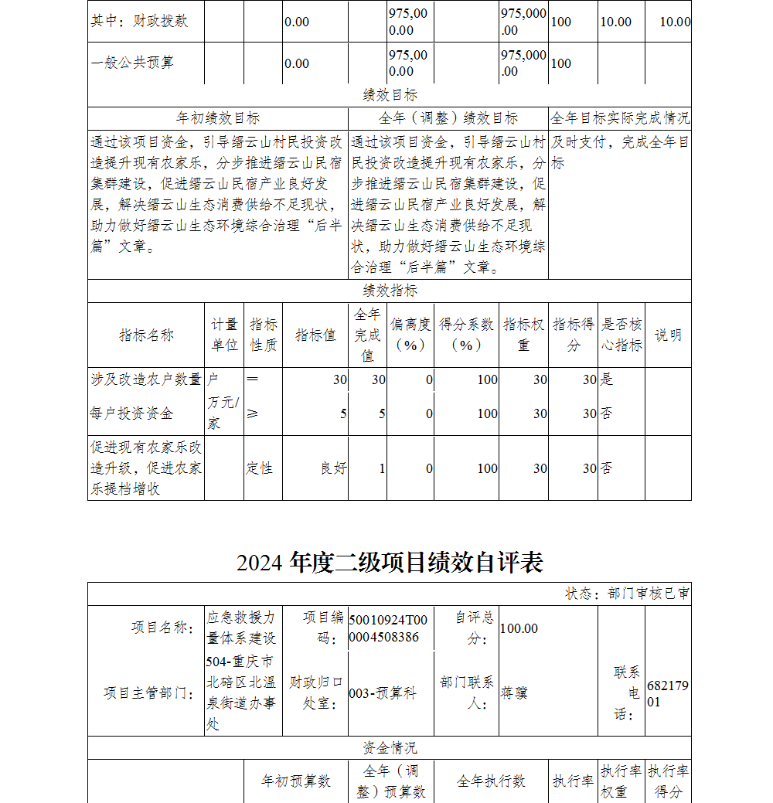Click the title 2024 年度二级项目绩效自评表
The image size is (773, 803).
point(390,562)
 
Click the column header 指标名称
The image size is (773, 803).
point(146,335)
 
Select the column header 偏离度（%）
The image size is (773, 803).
point(410,335)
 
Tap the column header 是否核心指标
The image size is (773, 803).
point(621,335)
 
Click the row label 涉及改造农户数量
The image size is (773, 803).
point(146,379)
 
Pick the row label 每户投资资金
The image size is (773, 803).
point(131,413)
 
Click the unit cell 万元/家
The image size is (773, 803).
point(223,413)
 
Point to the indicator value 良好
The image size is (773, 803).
point(334,468)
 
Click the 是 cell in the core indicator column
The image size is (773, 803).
point(607,379)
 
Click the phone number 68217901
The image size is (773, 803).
point(667,694)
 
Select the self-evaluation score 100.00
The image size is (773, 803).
point(519,628)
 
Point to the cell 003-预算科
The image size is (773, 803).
point(383,693)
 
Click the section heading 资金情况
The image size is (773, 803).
point(390,747)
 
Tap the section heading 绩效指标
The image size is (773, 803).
point(390,291)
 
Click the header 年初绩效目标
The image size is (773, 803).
point(218,118)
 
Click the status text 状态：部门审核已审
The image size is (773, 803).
point(628,594)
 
